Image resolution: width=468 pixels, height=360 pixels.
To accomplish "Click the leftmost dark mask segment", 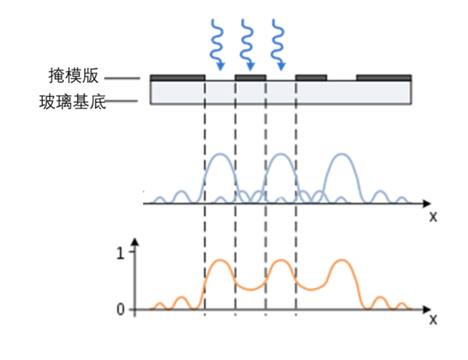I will click(x=177, y=77).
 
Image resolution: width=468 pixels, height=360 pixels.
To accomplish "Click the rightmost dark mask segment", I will click(x=384, y=77).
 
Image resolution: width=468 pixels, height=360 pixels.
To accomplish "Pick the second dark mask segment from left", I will click(x=250, y=77).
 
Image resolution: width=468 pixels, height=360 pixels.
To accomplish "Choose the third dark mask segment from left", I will click(x=311, y=77).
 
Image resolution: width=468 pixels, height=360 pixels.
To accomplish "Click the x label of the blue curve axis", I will click(x=432, y=217).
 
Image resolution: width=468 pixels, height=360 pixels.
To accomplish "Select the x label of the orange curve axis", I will click(x=432, y=320).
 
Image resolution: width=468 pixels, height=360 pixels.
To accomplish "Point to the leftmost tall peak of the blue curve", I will click(x=220, y=155).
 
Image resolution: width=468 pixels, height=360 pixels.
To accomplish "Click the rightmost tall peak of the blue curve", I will click(x=341, y=155).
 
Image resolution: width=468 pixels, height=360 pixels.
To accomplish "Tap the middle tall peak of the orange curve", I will click(x=281, y=260).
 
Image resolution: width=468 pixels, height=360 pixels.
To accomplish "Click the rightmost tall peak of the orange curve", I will click(x=341, y=260).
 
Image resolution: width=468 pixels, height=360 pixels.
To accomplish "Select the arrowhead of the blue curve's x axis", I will click(x=427, y=203).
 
